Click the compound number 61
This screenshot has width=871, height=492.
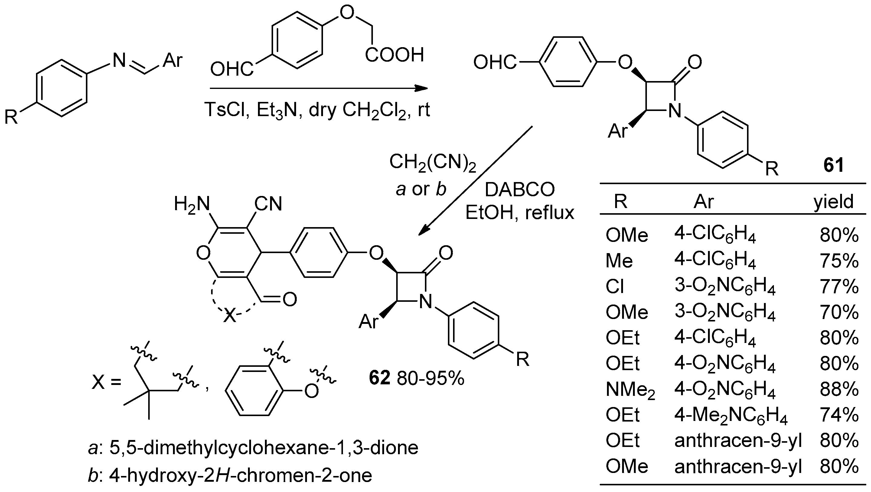pyautogui.click(x=833, y=166)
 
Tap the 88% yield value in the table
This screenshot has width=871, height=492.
pyautogui.click(x=839, y=389)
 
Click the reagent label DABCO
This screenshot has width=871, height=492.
pyautogui.click(x=520, y=190)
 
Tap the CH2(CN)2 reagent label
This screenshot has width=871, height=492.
pyautogui.click(x=432, y=162)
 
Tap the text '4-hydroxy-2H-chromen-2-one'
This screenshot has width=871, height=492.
pyautogui.click(x=240, y=475)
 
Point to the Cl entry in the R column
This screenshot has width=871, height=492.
pyautogui.click(x=615, y=287)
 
